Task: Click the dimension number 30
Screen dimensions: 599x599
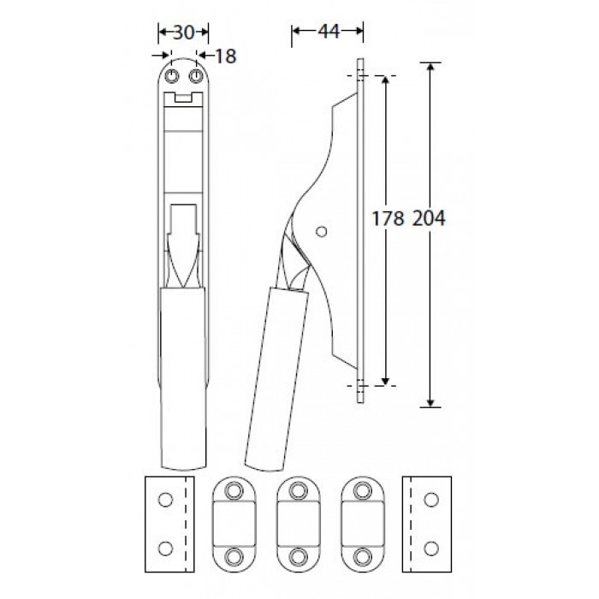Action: click(x=184, y=33)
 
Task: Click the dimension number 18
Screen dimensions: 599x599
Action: click(x=226, y=56)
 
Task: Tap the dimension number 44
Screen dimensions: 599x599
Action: click(x=329, y=32)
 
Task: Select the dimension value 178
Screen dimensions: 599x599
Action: click(x=388, y=219)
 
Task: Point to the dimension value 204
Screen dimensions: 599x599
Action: click(x=429, y=219)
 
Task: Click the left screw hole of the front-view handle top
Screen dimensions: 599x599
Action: click(x=171, y=76)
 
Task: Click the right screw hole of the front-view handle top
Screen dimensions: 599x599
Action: click(x=196, y=76)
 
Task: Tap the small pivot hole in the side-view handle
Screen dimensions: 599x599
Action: click(x=322, y=232)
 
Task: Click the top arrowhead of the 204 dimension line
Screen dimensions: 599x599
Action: click(x=430, y=67)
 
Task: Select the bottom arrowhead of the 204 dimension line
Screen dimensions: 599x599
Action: click(x=430, y=403)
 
